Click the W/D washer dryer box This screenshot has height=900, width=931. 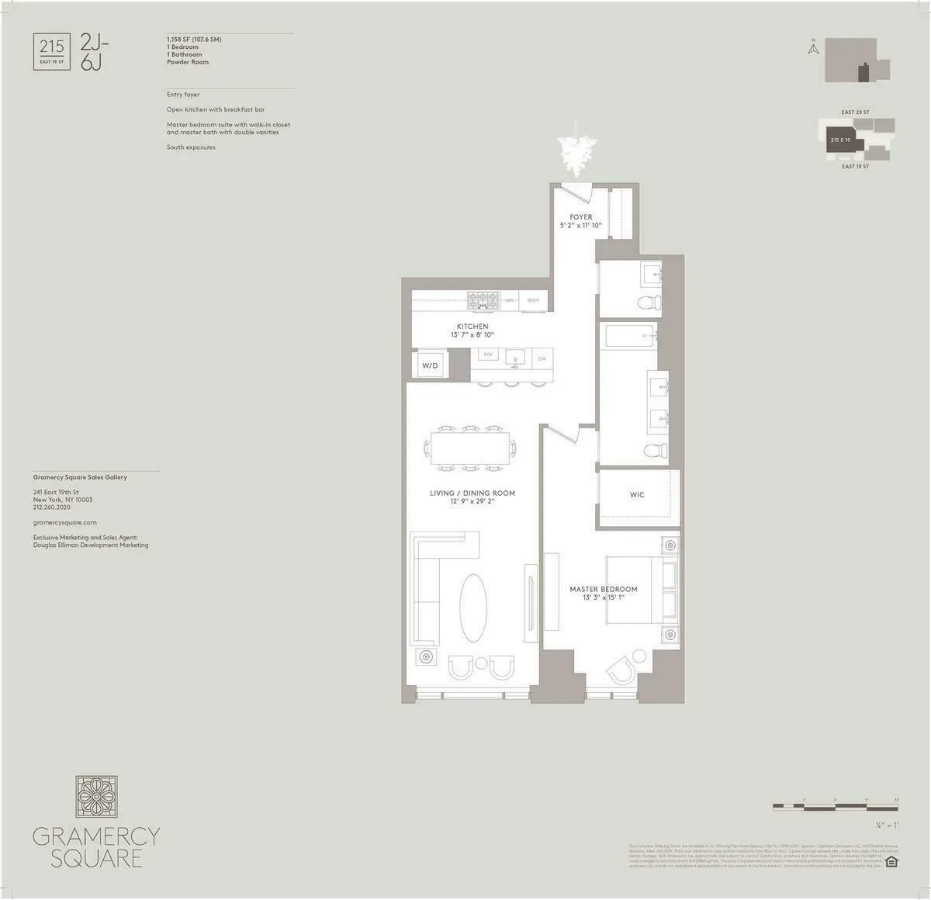[430, 365]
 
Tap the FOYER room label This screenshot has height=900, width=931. [581, 217]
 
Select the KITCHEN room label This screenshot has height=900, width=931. [472, 327]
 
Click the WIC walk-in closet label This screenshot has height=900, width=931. [637, 494]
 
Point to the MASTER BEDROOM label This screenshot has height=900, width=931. [604, 589]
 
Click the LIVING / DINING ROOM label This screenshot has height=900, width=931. [472, 493]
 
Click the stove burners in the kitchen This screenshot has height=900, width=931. [482, 299]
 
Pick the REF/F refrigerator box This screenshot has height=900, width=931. [534, 299]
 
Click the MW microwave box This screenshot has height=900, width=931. [488, 355]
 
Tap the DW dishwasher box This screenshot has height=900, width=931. [542, 358]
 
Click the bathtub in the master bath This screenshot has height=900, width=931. [628, 337]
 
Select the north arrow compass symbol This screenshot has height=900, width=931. [814, 48]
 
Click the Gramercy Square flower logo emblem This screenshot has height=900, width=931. [96, 798]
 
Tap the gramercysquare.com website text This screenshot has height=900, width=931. [65, 523]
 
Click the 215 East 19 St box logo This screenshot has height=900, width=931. [52, 51]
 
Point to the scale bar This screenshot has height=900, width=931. [836, 808]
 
